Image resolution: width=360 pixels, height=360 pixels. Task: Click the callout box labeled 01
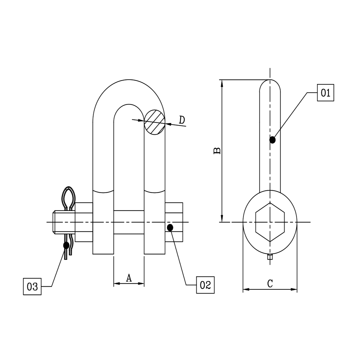point(325,93)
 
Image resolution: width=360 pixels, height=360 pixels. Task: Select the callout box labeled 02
point(205,285)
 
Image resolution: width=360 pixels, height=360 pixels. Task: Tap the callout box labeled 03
point(32,286)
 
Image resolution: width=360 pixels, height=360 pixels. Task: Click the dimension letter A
point(129,277)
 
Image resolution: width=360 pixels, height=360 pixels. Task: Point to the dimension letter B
point(217,151)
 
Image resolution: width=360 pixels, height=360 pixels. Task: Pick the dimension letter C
point(270,284)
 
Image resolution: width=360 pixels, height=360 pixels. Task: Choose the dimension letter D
point(182,120)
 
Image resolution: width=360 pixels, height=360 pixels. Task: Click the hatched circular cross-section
point(155,122)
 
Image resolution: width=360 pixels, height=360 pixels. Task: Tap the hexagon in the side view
point(270,222)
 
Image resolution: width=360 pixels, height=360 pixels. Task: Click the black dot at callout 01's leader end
point(273,140)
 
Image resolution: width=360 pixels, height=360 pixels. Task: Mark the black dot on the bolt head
point(170,227)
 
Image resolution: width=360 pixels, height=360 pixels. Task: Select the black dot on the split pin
point(66,245)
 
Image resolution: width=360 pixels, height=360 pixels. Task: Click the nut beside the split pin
point(84,222)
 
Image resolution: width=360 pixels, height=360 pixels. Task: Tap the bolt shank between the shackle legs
point(129,222)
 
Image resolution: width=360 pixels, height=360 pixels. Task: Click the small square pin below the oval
point(270,257)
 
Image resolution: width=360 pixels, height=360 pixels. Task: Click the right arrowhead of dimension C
point(294,289)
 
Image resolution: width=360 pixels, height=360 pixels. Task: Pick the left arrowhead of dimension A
point(117,284)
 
